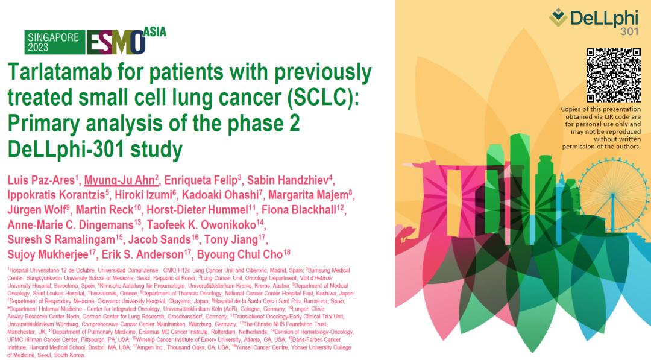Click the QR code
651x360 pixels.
click(613, 75)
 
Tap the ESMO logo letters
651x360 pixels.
click(116, 42)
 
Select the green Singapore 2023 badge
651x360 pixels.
click(54, 42)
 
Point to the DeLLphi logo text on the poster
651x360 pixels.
click(604, 18)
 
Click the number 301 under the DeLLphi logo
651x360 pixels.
click(629, 31)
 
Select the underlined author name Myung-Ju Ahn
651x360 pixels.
click(119, 180)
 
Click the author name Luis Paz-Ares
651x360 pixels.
click(41, 180)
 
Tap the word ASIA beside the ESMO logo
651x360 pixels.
click(155, 32)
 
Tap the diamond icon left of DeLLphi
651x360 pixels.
click(558, 17)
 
